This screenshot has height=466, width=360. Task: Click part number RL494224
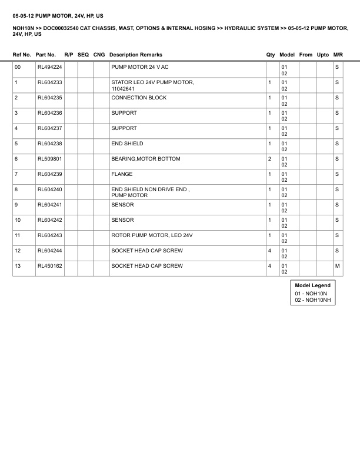(49, 67)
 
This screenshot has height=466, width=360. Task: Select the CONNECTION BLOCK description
(139, 98)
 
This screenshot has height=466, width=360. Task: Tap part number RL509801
(49, 159)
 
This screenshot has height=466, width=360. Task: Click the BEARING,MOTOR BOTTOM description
(146, 159)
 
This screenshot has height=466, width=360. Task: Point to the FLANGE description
(122, 174)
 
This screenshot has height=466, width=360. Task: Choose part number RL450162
(49, 266)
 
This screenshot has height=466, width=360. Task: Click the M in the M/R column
(337, 266)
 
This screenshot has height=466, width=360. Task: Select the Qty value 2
(269, 159)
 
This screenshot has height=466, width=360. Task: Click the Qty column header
(271, 55)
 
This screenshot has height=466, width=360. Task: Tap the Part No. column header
(46, 55)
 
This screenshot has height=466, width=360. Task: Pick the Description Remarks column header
(136, 55)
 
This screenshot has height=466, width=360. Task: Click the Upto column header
(323, 55)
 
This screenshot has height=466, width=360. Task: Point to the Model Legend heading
(312, 285)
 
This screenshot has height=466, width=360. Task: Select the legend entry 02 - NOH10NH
(313, 299)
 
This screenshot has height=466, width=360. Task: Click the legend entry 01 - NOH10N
(311, 292)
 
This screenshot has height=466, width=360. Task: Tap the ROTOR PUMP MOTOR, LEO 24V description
(152, 235)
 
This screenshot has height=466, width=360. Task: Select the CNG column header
(99, 55)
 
